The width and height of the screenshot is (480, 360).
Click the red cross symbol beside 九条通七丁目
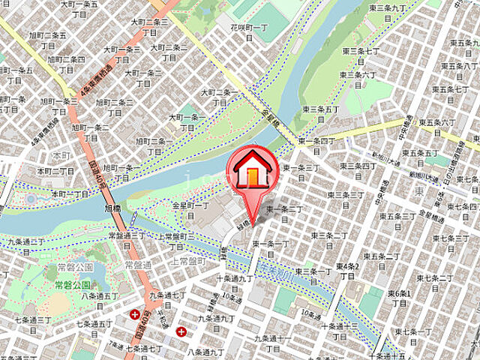[x=134, y=315]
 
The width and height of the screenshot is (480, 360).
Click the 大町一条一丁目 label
[x=187, y=121]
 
